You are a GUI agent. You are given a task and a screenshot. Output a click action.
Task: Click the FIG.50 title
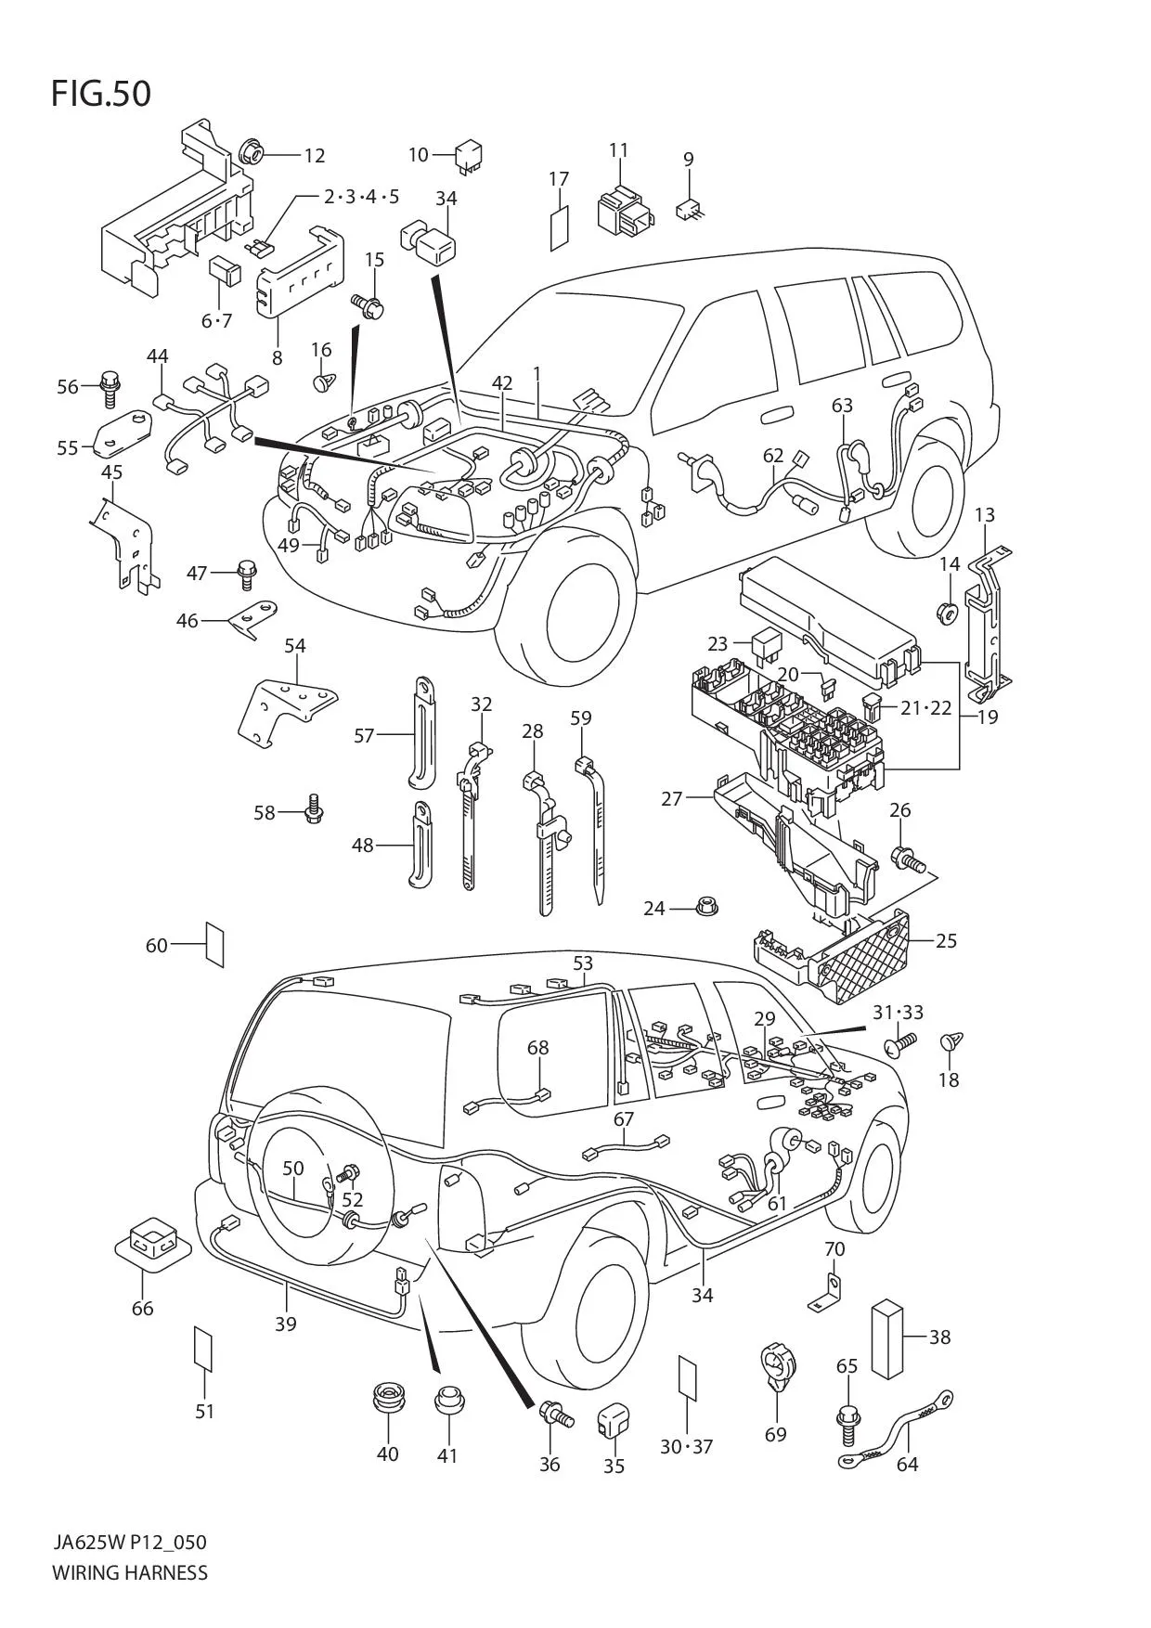[x=100, y=94]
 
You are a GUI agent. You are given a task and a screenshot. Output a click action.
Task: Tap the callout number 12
[x=314, y=155]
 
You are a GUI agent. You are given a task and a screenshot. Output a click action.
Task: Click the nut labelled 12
[x=252, y=150]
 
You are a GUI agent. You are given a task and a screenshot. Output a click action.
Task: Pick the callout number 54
[x=295, y=645]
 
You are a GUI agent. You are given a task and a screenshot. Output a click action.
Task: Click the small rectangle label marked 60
[x=214, y=945]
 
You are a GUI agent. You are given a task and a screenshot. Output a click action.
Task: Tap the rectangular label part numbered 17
[x=559, y=226]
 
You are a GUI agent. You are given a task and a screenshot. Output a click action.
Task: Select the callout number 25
[x=945, y=940]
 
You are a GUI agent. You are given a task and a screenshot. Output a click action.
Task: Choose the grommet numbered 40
[x=388, y=1398]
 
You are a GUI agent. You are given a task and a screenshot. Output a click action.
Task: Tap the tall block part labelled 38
[x=888, y=1337]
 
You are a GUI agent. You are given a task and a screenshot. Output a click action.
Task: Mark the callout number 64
[x=907, y=1464]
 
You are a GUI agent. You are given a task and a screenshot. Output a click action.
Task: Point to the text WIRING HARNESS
[x=130, y=1572]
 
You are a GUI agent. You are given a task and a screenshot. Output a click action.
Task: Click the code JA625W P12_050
[x=129, y=1543]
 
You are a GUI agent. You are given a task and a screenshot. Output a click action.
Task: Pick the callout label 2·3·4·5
[x=361, y=196]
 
